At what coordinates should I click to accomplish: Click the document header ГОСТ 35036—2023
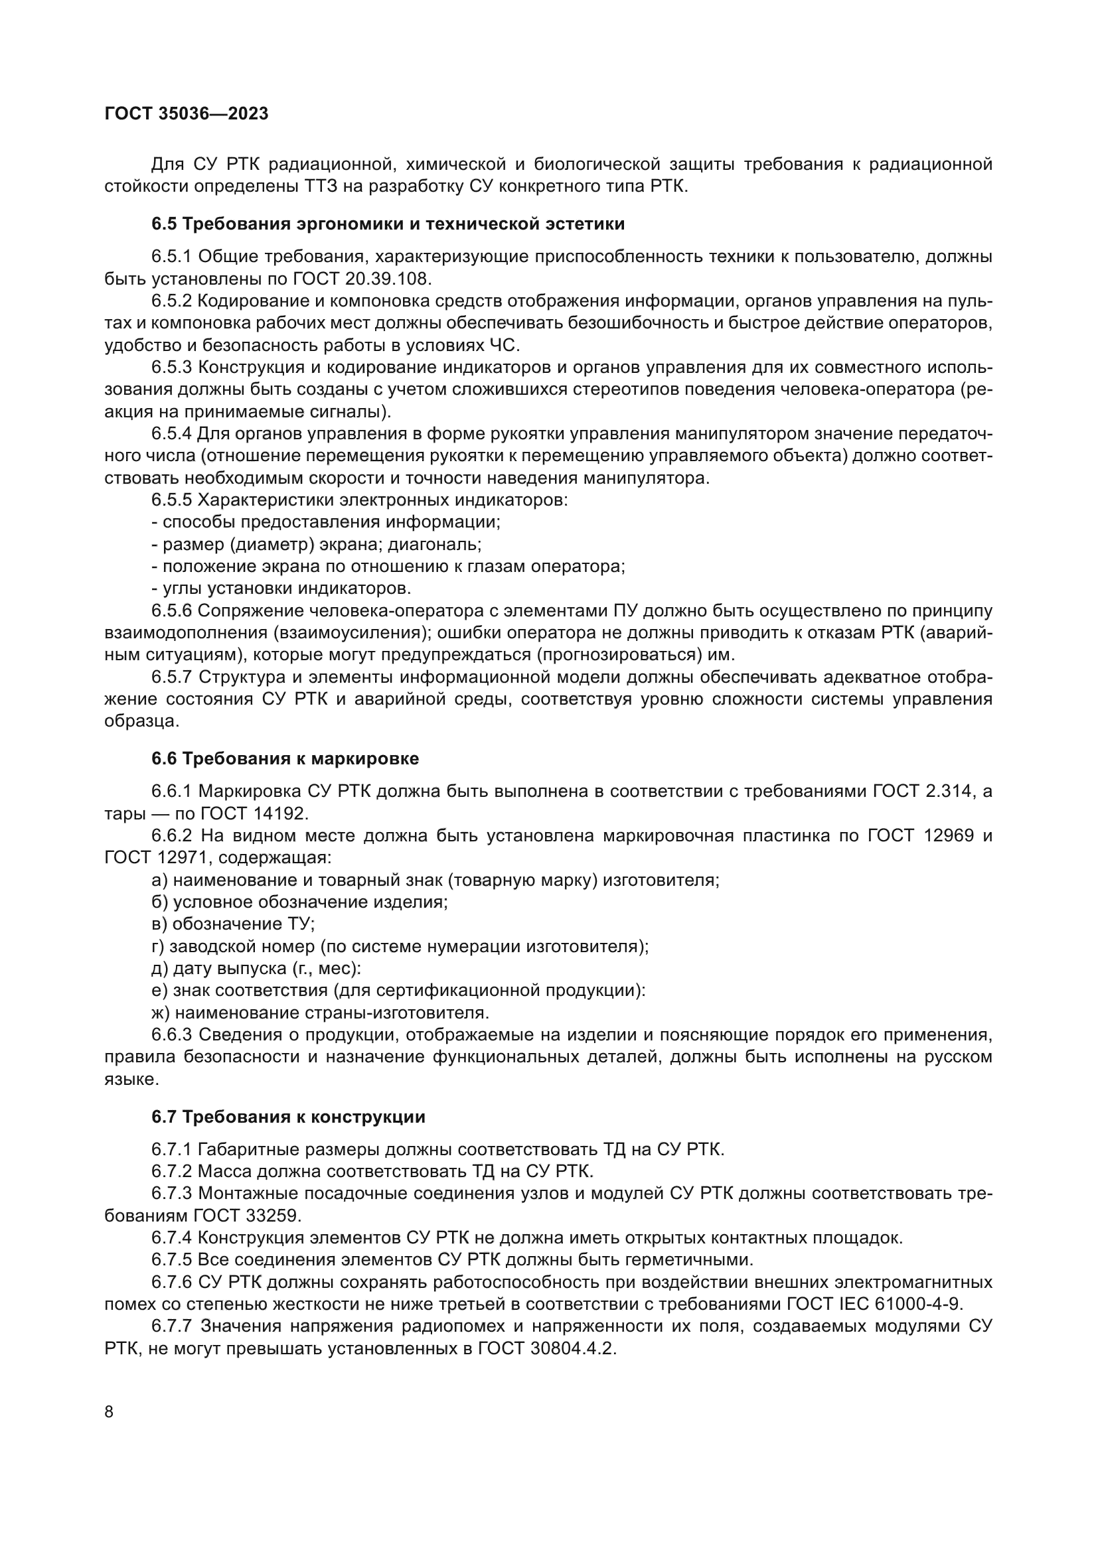tap(187, 113)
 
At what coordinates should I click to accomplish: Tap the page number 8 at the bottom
tap(110, 1411)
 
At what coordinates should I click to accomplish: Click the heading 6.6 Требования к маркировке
tap(285, 758)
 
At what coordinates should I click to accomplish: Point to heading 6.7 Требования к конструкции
tap(288, 1117)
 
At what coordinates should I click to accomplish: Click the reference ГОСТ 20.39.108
tap(362, 279)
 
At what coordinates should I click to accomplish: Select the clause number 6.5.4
tap(172, 433)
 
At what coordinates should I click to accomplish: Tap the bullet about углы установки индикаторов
tap(281, 588)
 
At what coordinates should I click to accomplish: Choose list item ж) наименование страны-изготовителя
tap(320, 1013)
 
